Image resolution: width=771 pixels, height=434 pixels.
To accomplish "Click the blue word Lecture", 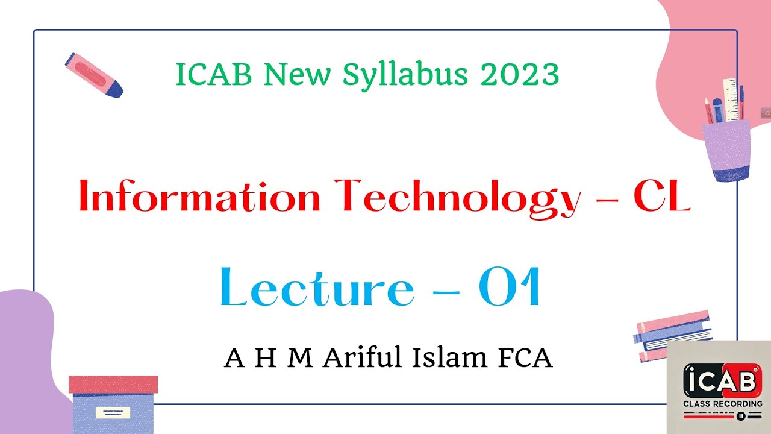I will [317, 288].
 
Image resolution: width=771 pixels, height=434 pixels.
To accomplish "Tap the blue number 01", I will [510, 288].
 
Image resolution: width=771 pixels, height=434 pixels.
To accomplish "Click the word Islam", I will [444, 358].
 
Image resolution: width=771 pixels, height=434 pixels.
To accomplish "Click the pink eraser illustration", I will [94, 75].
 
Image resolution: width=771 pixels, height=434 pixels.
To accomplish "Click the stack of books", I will [673, 335].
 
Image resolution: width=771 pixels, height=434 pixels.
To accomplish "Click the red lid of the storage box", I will [113, 383].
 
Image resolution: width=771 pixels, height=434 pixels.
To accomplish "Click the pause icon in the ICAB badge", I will [741, 415].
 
